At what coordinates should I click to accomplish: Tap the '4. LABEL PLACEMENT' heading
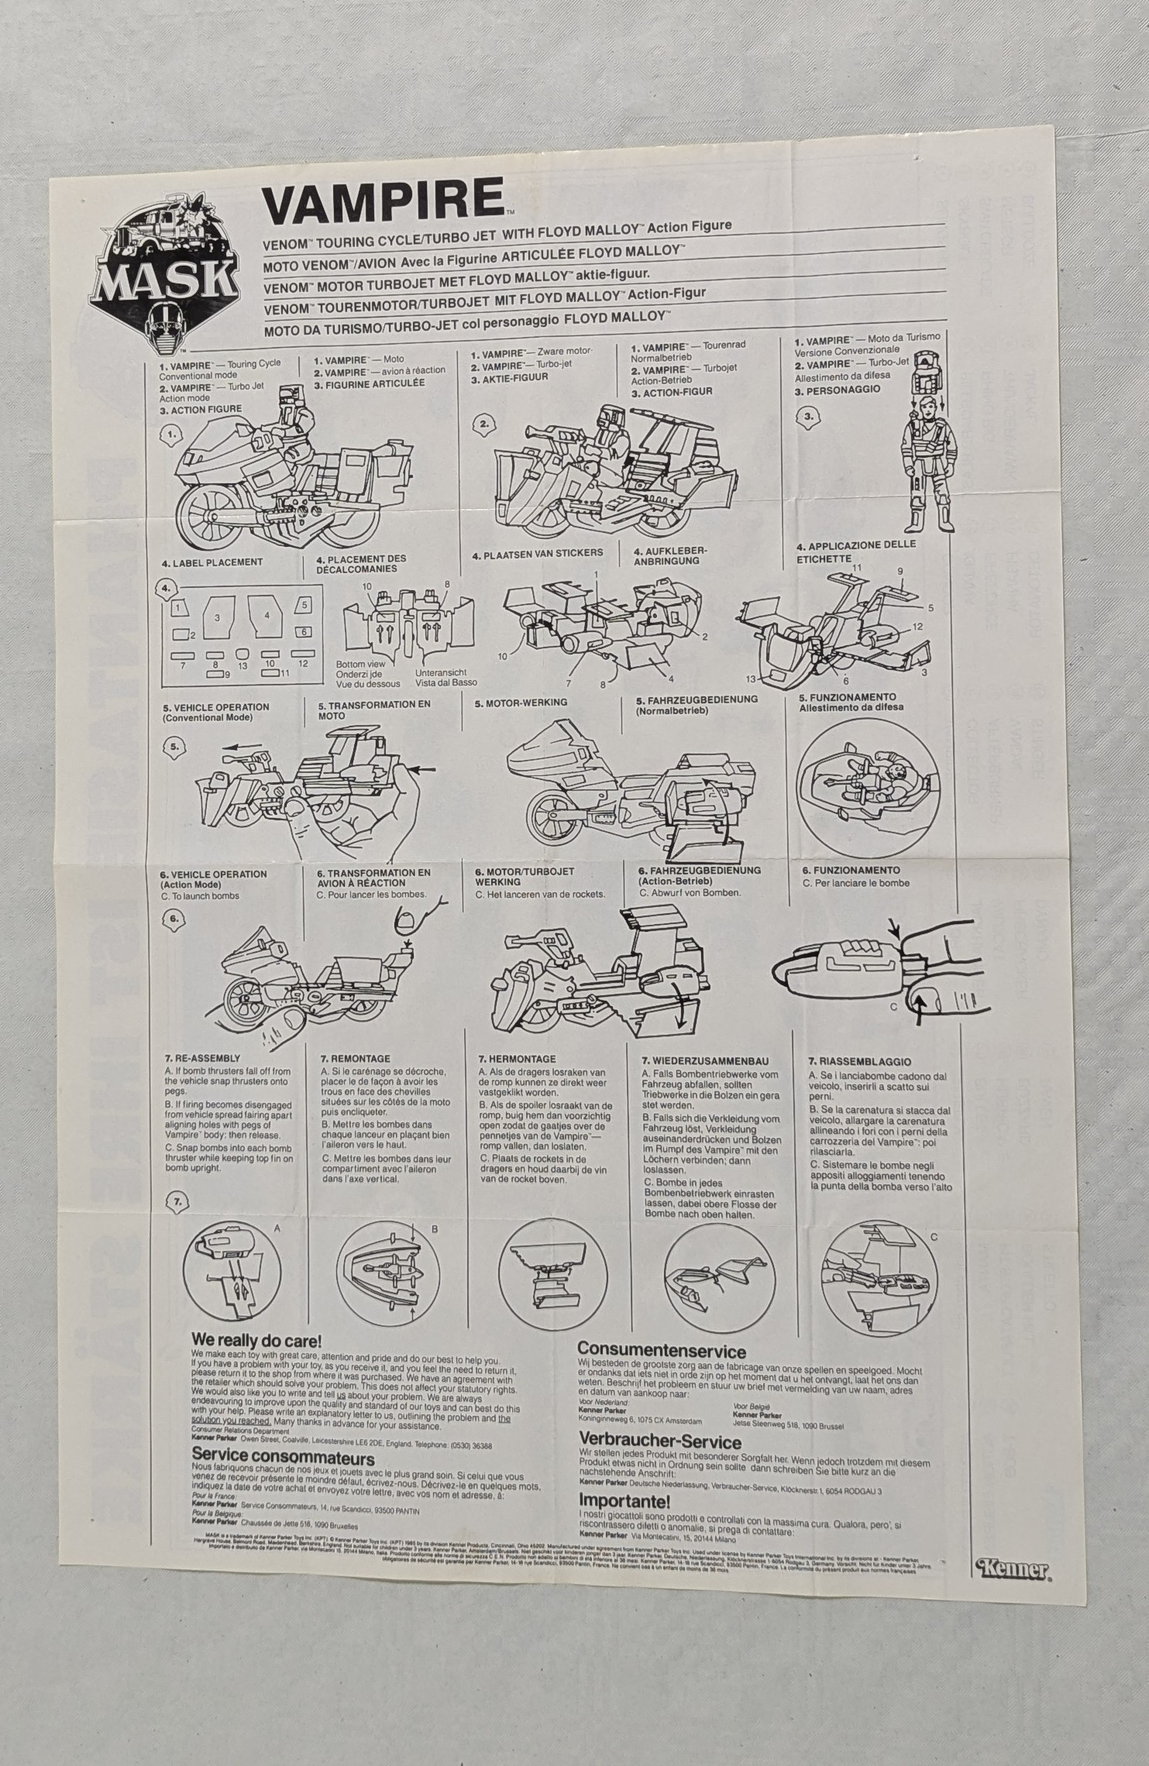(212, 562)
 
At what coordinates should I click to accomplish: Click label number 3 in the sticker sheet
(218, 617)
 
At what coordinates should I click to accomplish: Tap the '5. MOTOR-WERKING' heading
(521, 703)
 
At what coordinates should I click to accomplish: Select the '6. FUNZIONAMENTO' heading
(851, 871)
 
